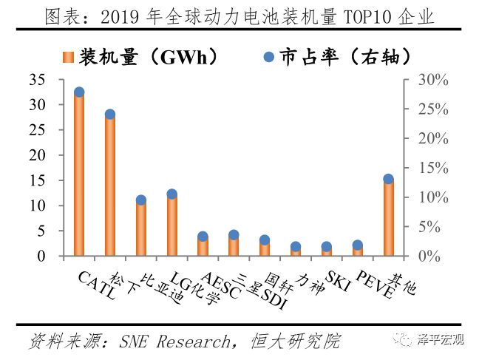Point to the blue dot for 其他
tap(388, 179)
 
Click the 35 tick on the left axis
tap(37, 80)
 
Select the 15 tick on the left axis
tap(37, 180)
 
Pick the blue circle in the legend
tap(268, 57)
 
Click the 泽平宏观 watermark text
tap(441, 340)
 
